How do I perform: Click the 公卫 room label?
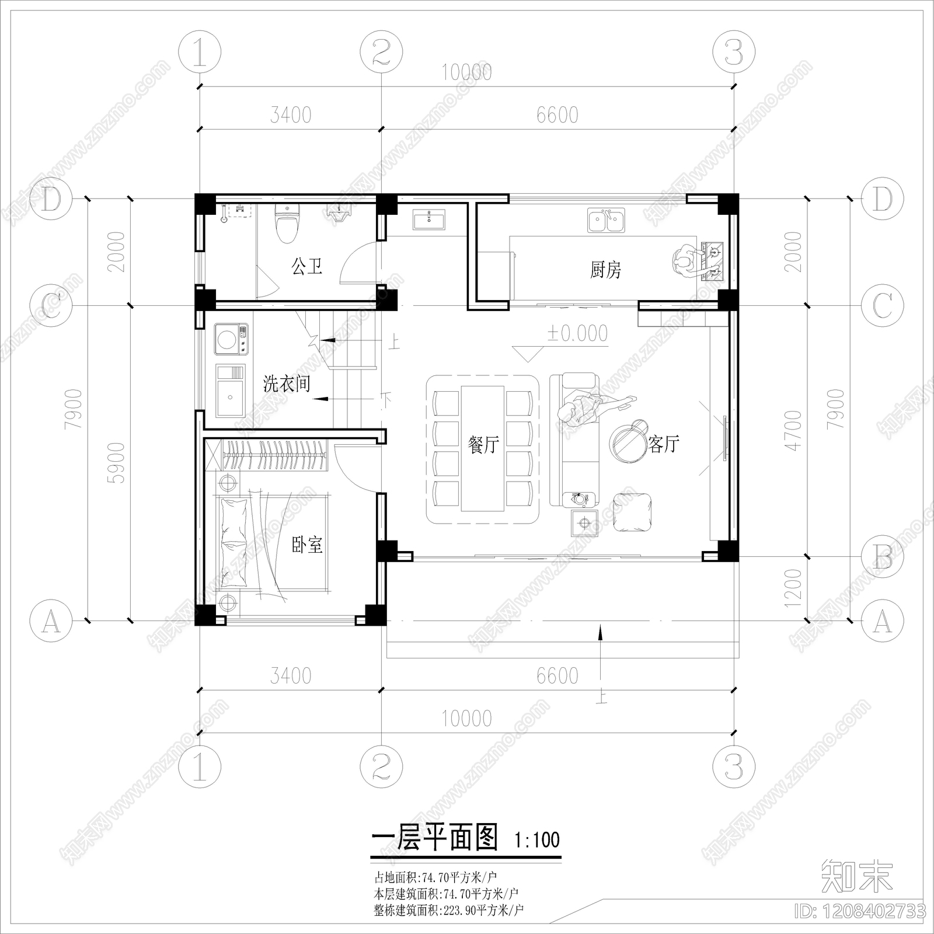306,267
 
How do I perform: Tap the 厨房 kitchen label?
605,270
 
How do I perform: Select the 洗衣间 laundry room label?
286,384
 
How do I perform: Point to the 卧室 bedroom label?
307,545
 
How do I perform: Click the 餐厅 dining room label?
483,445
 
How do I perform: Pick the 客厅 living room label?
664,444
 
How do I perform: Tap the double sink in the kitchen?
606,221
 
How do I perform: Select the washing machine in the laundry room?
232,339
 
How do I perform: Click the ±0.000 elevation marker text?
577,333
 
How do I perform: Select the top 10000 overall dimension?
466,72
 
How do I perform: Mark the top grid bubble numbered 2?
381,53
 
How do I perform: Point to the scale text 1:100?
536,840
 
